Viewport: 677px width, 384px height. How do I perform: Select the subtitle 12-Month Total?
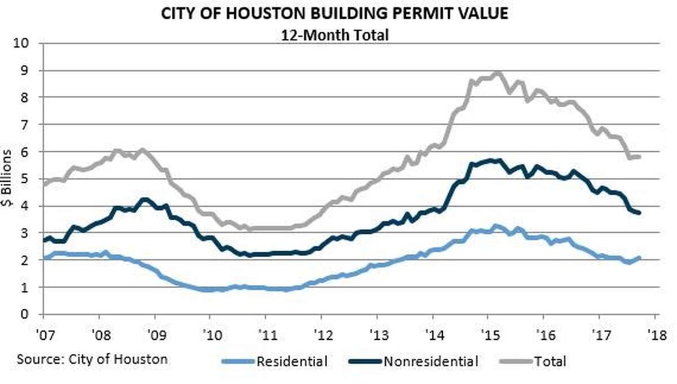[x=335, y=35]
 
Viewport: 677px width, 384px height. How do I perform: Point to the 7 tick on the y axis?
[x=25, y=124]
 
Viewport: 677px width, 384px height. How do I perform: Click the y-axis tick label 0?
[x=25, y=314]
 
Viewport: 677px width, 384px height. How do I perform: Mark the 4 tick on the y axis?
[x=25, y=206]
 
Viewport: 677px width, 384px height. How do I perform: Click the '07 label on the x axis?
[x=45, y=335]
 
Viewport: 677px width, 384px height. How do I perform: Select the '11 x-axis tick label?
[x=267, y=335]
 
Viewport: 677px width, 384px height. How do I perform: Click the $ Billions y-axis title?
[x=6, y=178]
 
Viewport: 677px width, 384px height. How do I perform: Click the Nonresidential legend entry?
[x=413, y=361]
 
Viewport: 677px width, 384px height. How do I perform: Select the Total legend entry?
[x=532, y=361]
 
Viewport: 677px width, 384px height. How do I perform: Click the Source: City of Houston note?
[x=92, y=360]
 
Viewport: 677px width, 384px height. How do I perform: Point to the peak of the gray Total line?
[x=499, y=73]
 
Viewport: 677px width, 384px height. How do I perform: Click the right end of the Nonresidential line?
[x=639, y=213]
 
